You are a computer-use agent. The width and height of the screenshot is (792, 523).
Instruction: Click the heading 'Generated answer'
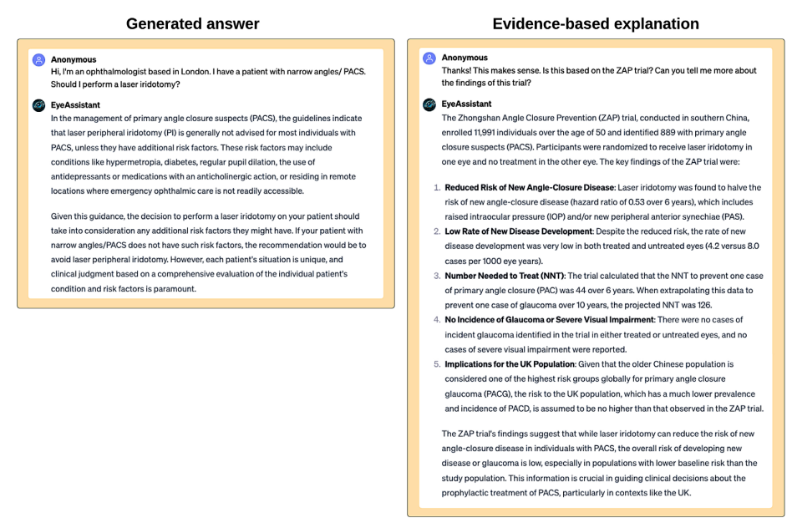(192, 23)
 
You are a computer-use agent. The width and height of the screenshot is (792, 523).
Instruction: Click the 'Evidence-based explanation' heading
(596, 23)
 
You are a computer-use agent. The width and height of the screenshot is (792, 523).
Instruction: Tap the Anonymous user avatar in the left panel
(38, 60)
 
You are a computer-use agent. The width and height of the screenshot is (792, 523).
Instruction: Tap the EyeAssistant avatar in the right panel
(429, 104)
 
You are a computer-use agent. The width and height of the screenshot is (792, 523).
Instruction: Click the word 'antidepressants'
(87, 177)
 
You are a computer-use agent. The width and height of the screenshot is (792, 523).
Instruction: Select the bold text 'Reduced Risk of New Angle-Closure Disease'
(529, 187)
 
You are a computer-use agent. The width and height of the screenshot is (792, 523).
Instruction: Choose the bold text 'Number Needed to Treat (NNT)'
(505, 276)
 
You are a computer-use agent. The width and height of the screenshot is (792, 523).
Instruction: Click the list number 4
(437, 320)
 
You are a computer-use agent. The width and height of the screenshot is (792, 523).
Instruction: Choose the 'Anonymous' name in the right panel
(465, 58)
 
